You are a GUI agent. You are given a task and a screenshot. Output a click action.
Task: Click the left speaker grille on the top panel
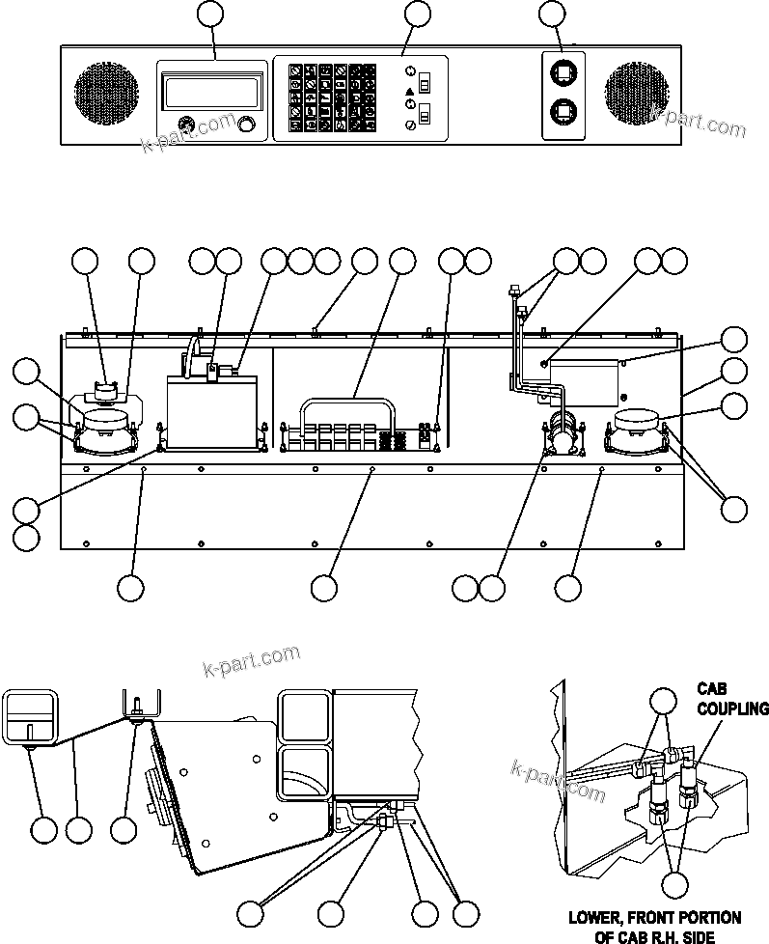tap(106, 95)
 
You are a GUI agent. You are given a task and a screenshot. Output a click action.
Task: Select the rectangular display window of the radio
tap(214, 93)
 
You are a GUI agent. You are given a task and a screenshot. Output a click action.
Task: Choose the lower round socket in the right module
tap(562, 113)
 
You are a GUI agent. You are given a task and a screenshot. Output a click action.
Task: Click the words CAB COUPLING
tap(732, 700)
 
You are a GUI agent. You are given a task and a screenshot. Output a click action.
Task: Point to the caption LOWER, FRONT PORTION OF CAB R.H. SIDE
tap(654, 924)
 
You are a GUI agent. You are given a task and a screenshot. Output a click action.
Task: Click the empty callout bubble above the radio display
tap(209, 14)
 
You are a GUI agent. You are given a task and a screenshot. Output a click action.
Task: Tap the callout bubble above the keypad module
tap(417, 14)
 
